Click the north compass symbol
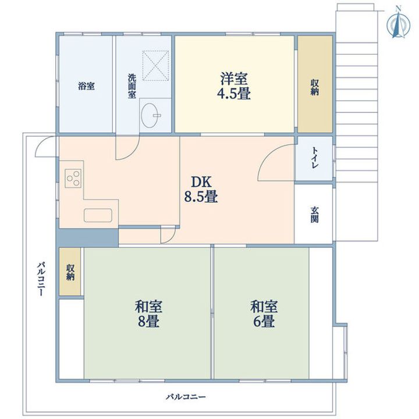tap(398, 25)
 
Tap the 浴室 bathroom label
tap(86, 86)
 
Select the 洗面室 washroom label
tap(132, 86)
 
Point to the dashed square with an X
tap(155, 65)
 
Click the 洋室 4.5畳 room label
tap(234, 86)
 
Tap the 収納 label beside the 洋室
tap(314, 87)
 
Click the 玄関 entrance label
tap(314, 215)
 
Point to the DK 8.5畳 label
tap(201, 190)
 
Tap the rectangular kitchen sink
tap(98, 215)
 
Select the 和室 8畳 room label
tap(148, 314)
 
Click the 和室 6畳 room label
tap(264, 314)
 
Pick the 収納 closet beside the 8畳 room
tap(70, 272)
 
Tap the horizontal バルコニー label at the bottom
tap(186, 396)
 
